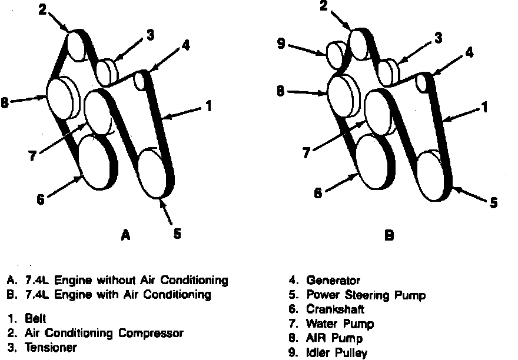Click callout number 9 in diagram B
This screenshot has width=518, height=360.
281,44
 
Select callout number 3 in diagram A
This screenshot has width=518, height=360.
150,36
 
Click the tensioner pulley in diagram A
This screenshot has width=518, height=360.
105,71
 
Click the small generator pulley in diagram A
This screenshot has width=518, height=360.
140,79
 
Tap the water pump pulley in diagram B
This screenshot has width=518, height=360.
377,112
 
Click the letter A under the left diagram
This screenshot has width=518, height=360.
125,235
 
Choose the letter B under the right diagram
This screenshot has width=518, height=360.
388,236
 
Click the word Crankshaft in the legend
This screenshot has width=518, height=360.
335,309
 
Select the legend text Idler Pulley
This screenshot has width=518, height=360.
336,353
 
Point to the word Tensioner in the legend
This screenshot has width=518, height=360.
51,348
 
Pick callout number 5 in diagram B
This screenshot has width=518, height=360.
493,203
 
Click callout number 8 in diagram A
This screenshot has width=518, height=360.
5,102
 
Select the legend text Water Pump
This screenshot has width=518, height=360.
340,324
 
